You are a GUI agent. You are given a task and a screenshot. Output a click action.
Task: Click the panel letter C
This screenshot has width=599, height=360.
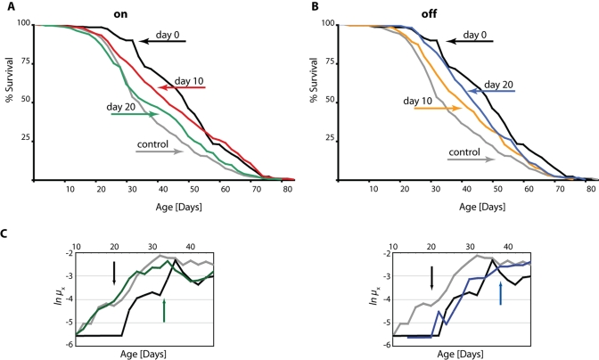pyautogui.click(x=6, y=233)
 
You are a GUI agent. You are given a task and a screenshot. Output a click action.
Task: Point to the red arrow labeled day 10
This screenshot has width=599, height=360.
pyautogui.click(x=182, y=87)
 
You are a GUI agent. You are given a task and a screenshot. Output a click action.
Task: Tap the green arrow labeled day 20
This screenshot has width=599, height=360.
pyautogui.click(x=135, y=114)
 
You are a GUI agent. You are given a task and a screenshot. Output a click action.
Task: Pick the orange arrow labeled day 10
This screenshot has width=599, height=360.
pyautogui.click(x=437, y=109)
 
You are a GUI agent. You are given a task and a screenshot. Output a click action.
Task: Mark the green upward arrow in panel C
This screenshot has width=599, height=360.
pyautogui.click(x=164, y=311)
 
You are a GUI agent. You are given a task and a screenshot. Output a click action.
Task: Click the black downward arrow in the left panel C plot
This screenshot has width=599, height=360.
pyautogui.click(x=114, y=274)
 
